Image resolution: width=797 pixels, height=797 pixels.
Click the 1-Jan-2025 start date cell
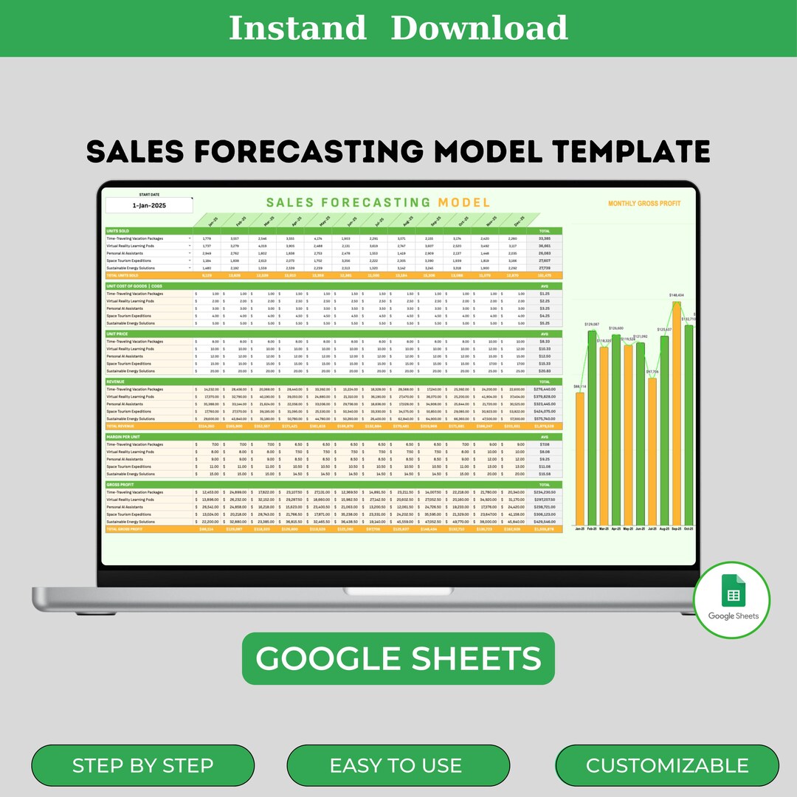[x=148, y=207]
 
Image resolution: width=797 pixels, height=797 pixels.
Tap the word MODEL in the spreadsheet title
[x=463, y=202]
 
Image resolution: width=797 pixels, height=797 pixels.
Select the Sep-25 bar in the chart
[x=677, y=413]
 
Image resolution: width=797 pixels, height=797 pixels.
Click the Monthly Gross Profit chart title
[x=644, y=204]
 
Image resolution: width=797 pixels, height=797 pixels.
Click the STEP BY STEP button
[x=142, y=766]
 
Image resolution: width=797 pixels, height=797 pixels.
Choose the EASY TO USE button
[x=396, y=766]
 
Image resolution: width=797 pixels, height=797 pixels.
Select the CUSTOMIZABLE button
[x=667, y=766]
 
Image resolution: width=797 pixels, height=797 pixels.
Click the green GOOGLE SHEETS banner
[x=398, y=658]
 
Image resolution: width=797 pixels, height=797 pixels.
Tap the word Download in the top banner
[x=479, y=28]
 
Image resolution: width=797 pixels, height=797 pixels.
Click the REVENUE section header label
[x=116, y=382]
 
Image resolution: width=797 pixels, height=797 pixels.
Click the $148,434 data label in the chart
[x=677, y=295]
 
